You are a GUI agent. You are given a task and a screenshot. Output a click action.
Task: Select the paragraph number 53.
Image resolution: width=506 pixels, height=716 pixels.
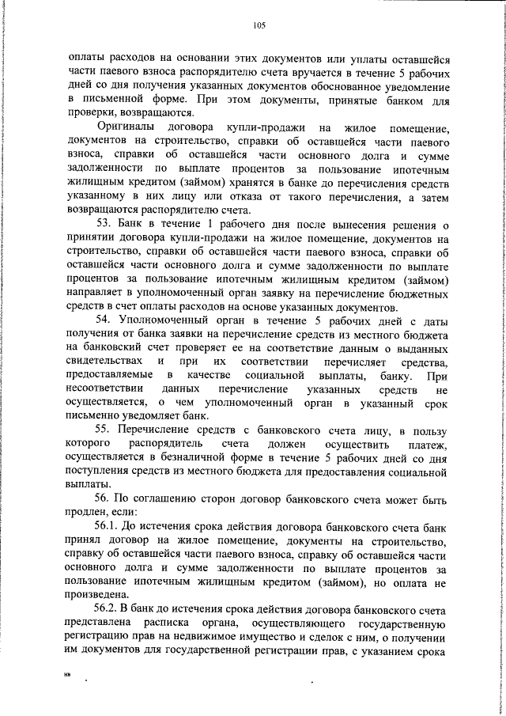coord(107,225)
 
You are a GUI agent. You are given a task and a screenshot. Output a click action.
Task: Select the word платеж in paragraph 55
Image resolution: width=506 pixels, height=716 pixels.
coord(429,444)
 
